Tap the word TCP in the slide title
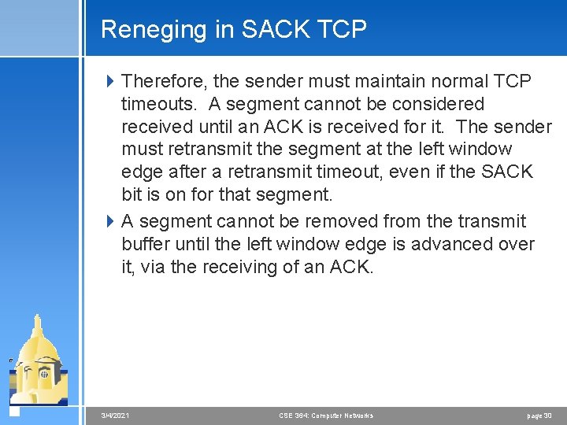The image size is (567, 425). click(343, 29)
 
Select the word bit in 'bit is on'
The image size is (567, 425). click(132, 194)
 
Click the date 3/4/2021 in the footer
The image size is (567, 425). click(117, 416)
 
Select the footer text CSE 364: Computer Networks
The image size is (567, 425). click(326, 416)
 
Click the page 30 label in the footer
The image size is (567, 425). click(539, 416)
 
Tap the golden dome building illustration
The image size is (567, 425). click(37, 362)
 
